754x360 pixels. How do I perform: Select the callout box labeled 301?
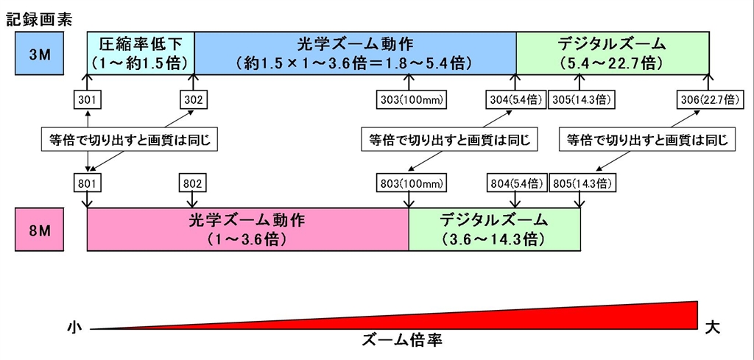pyautogui.click(x=88, y=99)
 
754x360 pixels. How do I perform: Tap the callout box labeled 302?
pyautogui.click(x=194, y=99)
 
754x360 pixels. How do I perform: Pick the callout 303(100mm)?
pyautogui.click(x=409, y=99)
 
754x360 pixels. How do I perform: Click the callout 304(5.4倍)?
pyautogui.click(x=516, y=99)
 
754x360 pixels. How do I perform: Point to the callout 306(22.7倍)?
pyautogui.click(x=709, y=99)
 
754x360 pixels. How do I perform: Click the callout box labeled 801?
pyautogui.click(x=88, y=181)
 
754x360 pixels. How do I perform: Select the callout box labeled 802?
pyautogui.click(x=194, y=181)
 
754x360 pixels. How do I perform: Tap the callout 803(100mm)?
pyautogui.click(x=409, y=181)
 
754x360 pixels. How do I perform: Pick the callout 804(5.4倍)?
pyautogui.click(x=515, y=181)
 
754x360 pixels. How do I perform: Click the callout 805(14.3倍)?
pyautogui.click(x=582, y=181)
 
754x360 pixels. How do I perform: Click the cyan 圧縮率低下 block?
pyautogui.click(x=141, y=52)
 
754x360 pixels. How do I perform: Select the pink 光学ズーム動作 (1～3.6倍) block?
pyautogui.click(x=247, y=229)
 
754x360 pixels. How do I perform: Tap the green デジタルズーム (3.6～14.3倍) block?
pyautogui.click(x=494, y=229)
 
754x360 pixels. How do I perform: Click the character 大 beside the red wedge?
pyautogui.click(x=714, y=324)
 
